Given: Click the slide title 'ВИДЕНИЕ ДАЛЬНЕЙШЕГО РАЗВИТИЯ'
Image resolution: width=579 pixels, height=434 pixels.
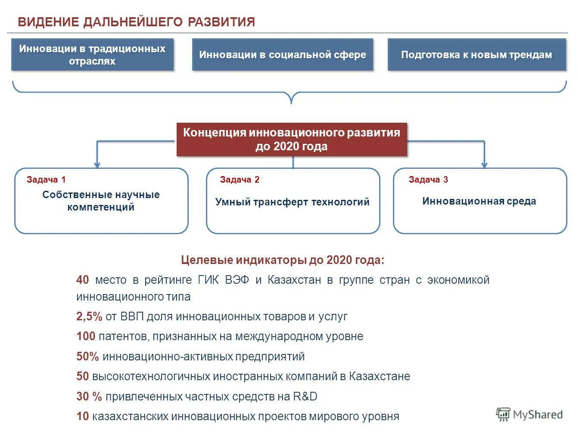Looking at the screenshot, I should click(x=136, y=22).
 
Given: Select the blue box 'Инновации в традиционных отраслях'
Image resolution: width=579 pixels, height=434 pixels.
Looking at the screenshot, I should click(x=92, y=55).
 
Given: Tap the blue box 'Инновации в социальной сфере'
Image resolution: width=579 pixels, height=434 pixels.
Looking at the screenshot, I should click(x=283, y=55).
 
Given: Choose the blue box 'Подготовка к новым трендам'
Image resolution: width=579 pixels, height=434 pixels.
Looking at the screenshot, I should click(x=476, y=55).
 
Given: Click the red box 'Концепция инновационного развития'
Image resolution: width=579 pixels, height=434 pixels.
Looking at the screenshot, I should click(x=292, y=139).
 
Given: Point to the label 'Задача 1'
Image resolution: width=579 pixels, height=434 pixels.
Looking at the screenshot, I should click(x=46, y=180).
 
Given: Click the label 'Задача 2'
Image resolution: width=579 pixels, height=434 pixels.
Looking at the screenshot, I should click(x=240, y=180).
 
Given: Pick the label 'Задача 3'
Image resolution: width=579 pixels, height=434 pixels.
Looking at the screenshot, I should click(x=428, y=180).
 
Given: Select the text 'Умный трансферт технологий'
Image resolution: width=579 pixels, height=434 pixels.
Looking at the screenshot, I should click(x=293, y=201).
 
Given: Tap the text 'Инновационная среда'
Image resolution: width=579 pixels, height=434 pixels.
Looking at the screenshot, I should click(x=479, y=201).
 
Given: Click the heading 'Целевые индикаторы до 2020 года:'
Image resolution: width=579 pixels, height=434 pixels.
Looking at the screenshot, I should click(x=283, y=260).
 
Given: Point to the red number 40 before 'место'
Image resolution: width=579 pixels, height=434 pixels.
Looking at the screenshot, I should click(x=83, y=280).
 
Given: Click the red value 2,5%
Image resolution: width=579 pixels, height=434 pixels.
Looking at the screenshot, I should click(x=89, y=316).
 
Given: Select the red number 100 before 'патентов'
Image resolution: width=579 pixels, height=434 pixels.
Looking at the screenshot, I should click(x=86, y=336).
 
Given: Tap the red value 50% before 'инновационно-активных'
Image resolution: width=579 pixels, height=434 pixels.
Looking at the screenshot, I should click(x=88, y=356).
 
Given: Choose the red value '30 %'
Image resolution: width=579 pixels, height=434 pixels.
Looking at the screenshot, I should click(x=89, y=397).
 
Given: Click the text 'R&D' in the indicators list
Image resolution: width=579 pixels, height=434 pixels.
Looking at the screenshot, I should click(x=305, y=397).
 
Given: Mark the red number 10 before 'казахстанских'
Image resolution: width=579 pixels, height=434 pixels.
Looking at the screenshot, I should click(x=83, y=416).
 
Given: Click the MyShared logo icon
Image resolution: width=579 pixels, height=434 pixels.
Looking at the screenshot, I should click(x=503, y=414).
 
